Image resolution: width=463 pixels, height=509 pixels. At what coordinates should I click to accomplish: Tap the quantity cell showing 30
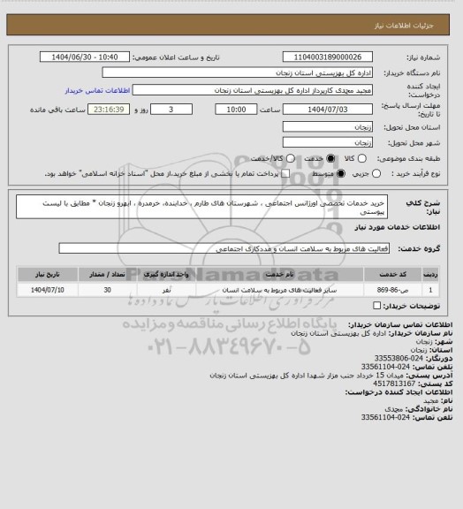tap(107, 289)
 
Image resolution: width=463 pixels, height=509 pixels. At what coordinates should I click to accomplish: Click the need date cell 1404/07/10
tap(48, 289)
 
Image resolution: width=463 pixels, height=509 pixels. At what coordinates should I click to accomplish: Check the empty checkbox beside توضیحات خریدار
tap(378, 306)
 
